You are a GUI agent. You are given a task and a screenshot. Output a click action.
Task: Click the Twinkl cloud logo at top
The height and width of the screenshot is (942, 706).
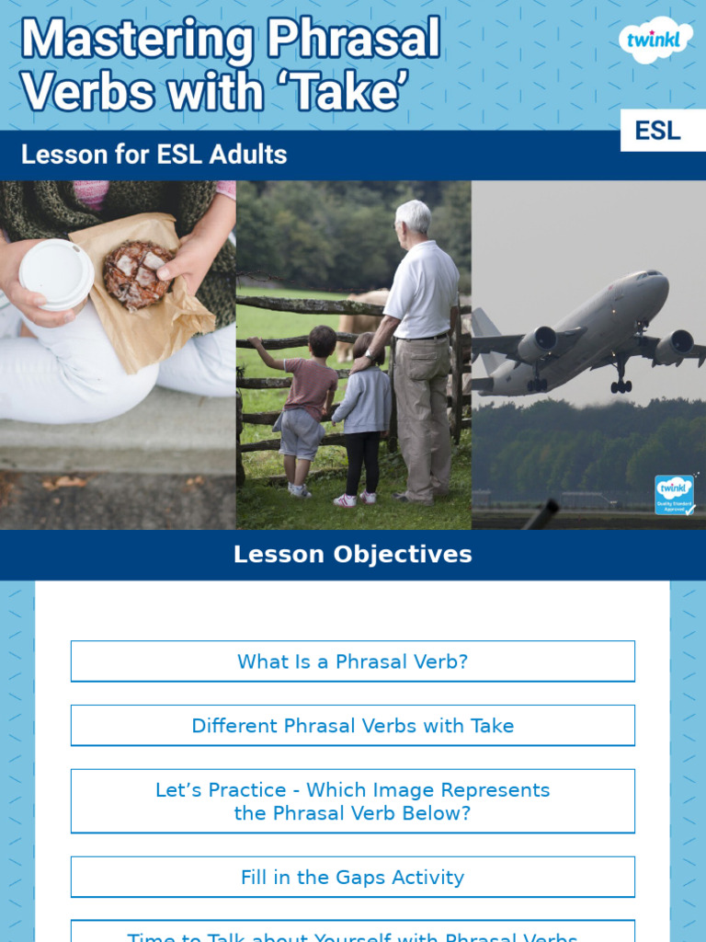655,40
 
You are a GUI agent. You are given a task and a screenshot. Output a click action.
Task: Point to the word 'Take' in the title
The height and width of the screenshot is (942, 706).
348,92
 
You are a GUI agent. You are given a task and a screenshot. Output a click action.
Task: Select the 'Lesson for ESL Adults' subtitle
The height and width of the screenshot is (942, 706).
154,155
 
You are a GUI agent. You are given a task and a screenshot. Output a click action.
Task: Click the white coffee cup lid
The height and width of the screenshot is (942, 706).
56,274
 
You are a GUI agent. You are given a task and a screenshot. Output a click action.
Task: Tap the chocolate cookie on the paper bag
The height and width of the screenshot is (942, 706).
137,274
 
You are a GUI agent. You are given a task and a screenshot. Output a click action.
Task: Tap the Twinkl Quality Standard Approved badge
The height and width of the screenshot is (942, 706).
674,495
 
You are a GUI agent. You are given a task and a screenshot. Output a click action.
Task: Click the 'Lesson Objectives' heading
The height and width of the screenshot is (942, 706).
352,555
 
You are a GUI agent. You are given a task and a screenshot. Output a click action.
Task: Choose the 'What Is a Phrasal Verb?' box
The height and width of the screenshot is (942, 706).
352,661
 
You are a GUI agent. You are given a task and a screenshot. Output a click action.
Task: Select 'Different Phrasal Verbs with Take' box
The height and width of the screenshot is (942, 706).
352,726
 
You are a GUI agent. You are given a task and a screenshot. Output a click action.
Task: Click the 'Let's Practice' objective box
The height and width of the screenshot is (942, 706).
352,801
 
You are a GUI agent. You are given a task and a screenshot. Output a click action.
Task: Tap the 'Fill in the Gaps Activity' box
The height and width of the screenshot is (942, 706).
352,878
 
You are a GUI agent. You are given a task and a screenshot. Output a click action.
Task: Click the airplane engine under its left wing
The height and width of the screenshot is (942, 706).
537,344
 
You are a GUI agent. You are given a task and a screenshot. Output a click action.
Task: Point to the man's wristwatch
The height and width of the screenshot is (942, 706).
370,355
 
